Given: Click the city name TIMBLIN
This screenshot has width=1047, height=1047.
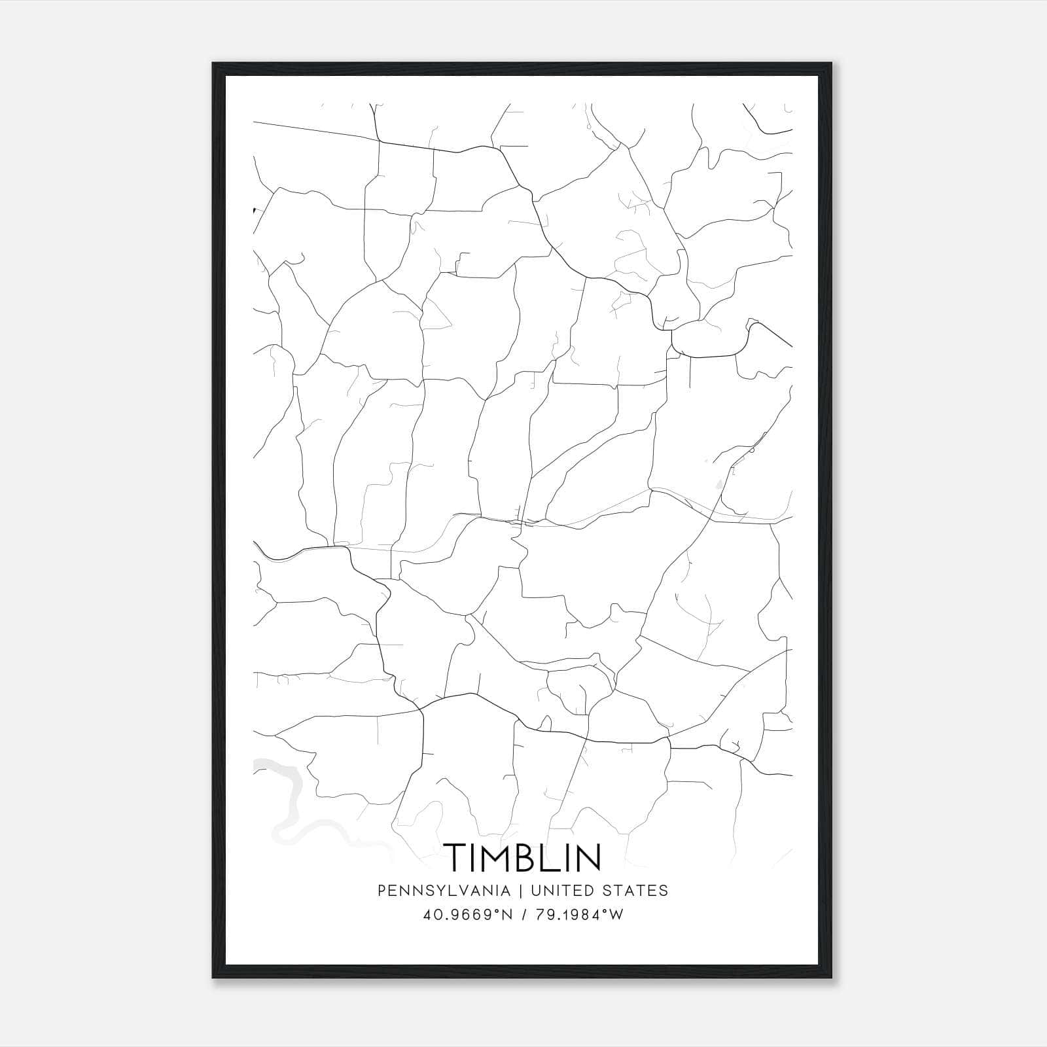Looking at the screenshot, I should [x=522, y=857].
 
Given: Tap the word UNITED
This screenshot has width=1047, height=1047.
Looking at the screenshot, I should [x=561, y=891].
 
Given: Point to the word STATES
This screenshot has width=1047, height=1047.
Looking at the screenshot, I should [x=633, y=891].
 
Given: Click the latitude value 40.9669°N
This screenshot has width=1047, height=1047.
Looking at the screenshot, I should [x=466, y=915].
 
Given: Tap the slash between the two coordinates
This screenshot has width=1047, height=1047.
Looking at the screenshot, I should [x=523, y=915].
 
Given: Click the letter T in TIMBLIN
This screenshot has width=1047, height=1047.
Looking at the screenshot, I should [x=456, y=857].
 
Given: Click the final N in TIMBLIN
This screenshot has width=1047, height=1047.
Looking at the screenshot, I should [x=588, y=857].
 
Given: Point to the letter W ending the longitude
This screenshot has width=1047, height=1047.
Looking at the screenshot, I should [x=616, y=915].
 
